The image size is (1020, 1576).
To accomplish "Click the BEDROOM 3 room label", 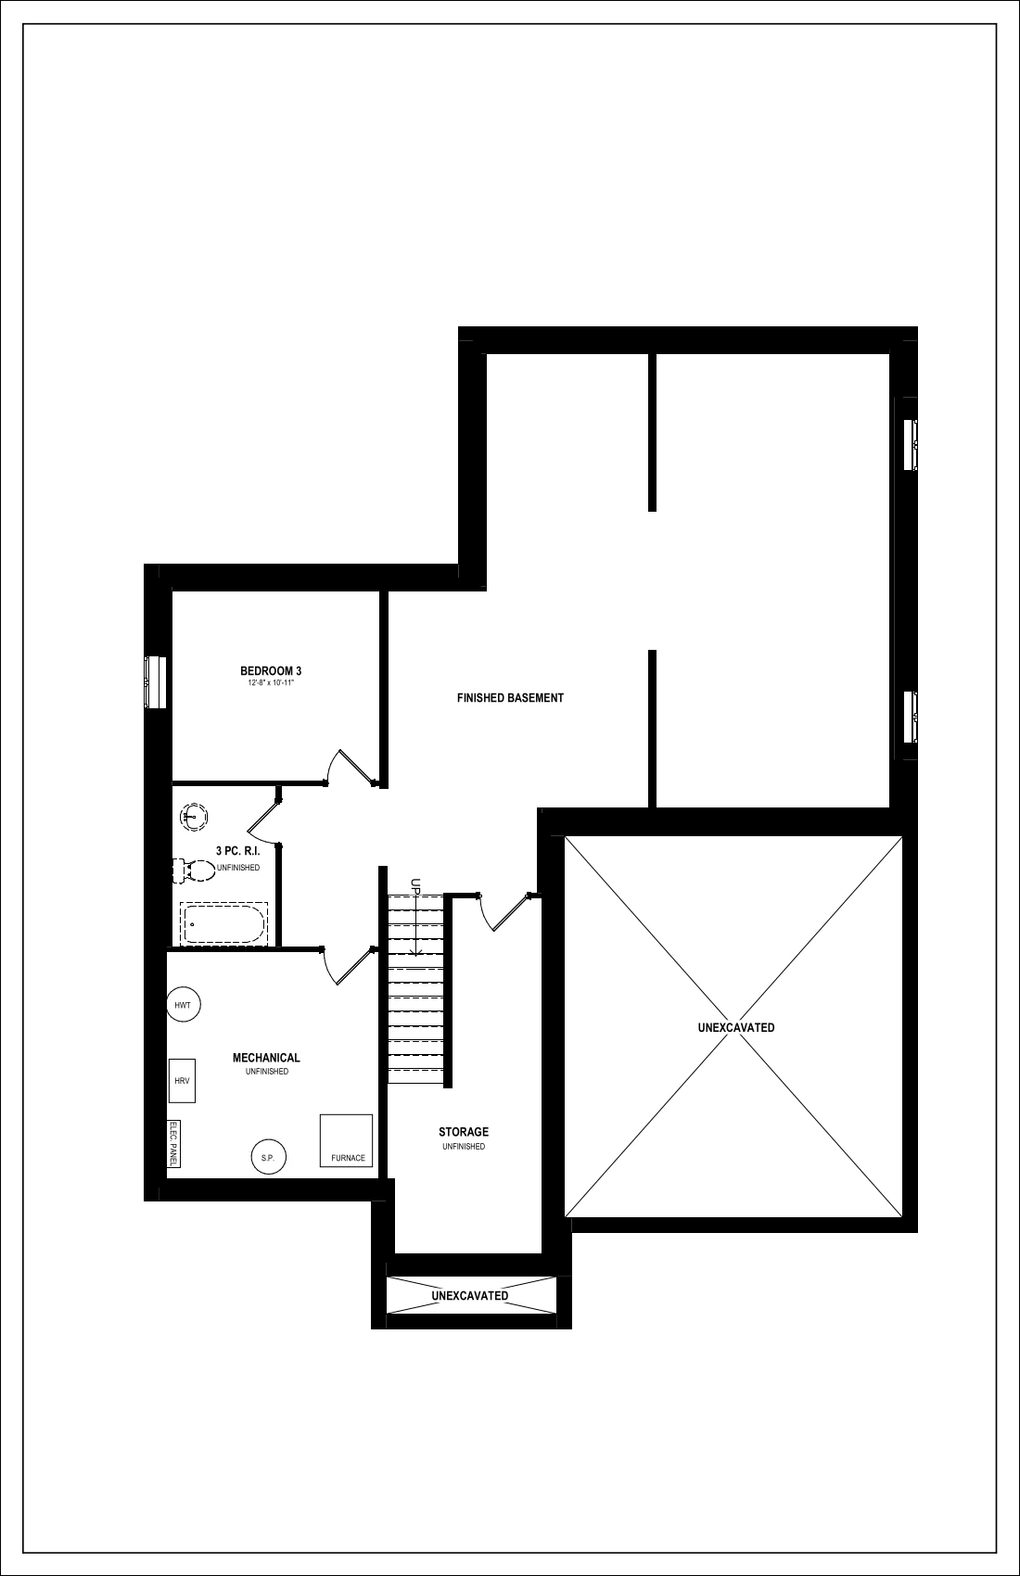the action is pyautogui.click(x=271, y=671).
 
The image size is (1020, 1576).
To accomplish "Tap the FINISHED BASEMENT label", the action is pyautogui.click(x=510, y=698).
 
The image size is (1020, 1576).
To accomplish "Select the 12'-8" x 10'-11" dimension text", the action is pyautogui.click(x=271, y=683).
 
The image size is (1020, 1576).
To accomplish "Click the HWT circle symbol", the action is pyautogui.click(x=183, y=1005).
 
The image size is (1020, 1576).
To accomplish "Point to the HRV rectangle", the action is pyautogui.click(x=182, y=1081).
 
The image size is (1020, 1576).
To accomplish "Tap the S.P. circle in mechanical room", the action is pyautogui.click(x=269, y=1157).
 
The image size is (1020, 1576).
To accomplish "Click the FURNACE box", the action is pyautogui.click(x=346, y=1140).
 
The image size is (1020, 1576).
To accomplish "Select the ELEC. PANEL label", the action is pyautogui.click(x=173, y=1143).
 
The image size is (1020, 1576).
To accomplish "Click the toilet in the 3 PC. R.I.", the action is pyautogui.click(x=194, y=871).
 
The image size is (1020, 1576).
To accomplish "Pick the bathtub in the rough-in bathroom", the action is pyautogui.click(x=223, y=923).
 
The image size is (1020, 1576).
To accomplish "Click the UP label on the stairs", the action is pyautogui.click(x=415, y=885).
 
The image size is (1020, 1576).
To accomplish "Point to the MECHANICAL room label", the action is pyautogui.click(x=266, y=1058).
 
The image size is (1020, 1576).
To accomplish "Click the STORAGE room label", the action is pyautogui.click(x=464, y=1132).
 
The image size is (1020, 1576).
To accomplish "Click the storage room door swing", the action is pyautogui.click(x=504, y=912).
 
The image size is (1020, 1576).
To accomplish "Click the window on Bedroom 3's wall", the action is pyautogui.click(x=156, y=682).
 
